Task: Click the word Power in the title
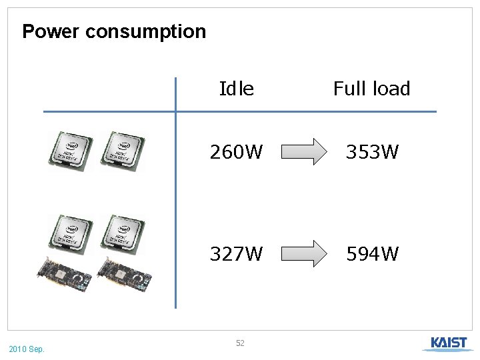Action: (51, 31)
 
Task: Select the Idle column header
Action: (236, 89)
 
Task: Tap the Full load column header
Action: (371, 89)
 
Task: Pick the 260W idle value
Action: (236, 153)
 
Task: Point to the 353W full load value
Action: (371, 153)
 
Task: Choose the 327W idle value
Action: (236, 254)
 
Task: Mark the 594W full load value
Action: (371, 254)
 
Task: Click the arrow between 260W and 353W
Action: (304, 152)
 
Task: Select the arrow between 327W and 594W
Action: (304, 253)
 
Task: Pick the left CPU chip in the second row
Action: (71, 233)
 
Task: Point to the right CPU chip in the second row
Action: (123, 233)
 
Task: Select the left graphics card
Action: (67, 275)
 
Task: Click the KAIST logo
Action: (448, 344)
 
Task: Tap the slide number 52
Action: (240, 343)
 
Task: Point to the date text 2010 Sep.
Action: (27, 349)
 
